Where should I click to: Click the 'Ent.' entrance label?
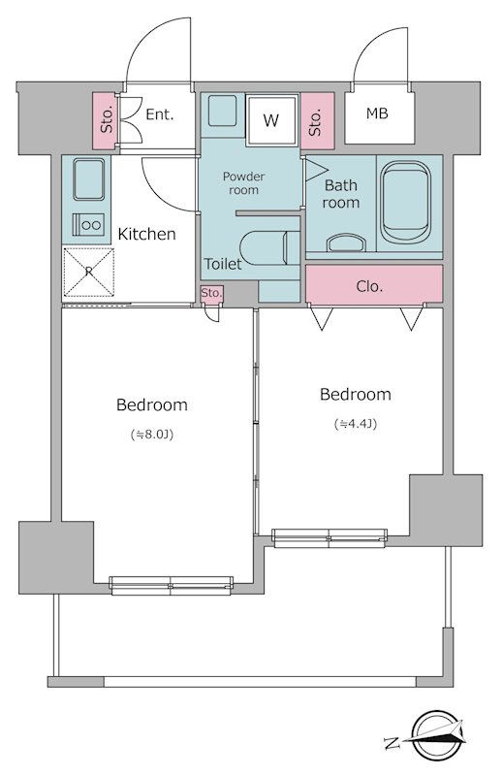(160, 114)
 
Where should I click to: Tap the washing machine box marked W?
(272, 119)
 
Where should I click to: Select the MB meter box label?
(377, 113)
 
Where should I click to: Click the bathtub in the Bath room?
(405, 203)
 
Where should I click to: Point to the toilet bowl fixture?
(269, 248)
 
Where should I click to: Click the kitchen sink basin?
(88, 178)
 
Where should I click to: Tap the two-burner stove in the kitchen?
(88, 225)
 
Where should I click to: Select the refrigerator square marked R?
(88, 273)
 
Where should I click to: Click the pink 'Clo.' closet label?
(369, 286)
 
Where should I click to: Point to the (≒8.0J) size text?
(152, 435)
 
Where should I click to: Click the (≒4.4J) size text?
(356, 424)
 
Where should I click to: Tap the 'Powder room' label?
(243, 183)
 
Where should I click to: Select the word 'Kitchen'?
(146, 234)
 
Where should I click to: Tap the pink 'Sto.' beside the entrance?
(107, 120)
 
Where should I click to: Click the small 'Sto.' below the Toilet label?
(211, 293)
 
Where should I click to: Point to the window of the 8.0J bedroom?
(172, 585)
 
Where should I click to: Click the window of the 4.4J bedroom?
(329, 538)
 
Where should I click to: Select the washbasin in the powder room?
(222, 111)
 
